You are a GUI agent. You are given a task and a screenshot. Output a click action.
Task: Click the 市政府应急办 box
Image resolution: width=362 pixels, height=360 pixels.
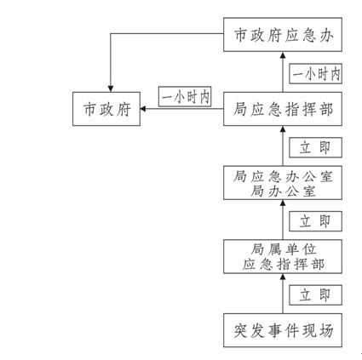283,35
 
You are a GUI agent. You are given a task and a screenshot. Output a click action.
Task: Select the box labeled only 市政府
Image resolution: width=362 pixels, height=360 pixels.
106,109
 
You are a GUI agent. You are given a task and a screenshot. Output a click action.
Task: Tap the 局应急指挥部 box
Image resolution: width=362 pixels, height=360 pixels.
283,109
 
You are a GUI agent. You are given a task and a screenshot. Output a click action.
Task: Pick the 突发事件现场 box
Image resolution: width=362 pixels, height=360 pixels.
283,330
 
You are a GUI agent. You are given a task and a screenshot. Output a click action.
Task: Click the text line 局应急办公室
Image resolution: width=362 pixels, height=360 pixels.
283,176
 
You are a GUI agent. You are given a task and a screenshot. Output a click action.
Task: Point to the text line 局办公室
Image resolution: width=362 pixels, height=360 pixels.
283,191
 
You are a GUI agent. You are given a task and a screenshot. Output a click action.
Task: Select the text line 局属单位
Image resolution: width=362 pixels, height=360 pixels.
283,249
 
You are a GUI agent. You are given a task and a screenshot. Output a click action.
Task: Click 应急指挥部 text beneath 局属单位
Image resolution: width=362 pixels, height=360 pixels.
283,265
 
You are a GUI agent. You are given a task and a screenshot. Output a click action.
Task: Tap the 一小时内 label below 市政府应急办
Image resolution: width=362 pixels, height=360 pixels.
315,74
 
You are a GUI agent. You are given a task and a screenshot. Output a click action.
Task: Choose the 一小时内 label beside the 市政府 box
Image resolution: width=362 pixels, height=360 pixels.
185,97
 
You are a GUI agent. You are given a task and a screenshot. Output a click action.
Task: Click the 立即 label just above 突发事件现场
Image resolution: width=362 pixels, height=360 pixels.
315,295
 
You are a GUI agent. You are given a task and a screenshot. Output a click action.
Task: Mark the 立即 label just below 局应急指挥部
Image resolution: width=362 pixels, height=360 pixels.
315,147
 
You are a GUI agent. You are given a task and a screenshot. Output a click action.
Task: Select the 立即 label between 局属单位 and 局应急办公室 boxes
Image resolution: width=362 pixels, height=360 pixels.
315,221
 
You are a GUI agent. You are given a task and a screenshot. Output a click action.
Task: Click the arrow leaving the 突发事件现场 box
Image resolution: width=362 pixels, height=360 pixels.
283,294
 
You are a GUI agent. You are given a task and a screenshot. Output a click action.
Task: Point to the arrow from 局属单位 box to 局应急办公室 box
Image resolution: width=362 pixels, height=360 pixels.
283,220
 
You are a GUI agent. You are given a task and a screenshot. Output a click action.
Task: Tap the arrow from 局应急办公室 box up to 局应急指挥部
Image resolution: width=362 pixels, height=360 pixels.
283,146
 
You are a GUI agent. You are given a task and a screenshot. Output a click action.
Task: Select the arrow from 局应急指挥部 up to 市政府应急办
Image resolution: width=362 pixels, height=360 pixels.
283,71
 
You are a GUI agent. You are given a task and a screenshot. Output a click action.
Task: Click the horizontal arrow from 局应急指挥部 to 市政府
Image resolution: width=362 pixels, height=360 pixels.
181,109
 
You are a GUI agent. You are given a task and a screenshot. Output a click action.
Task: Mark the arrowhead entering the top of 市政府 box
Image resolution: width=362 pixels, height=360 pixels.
111,89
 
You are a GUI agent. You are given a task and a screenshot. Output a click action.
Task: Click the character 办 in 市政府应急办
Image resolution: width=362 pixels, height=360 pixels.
325,35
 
